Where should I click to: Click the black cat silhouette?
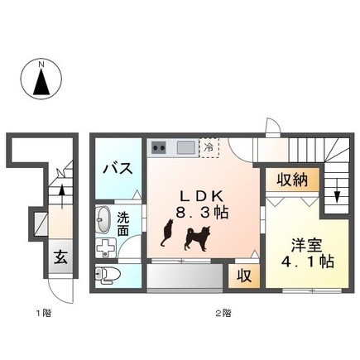pos(167,233)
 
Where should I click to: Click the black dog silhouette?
pos(198,238)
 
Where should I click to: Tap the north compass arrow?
pos(41,82)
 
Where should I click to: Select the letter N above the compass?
pos(41,65)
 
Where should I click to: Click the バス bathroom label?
pos(118,168)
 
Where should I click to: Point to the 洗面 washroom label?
pos(123,224)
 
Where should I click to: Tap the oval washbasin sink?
pos(103,220)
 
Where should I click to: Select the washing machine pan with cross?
pos(106,247)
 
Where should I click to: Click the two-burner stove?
pos(159,147)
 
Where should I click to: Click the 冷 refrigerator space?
pos(209,147)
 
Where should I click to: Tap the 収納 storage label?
pos(292,180)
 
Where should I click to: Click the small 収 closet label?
pos(244,276)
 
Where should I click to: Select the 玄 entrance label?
pos(60,257)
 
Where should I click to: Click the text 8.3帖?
pos(202,213)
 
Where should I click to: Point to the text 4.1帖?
pos(307,262)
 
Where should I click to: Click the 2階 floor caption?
pos(223,313)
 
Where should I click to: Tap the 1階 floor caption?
pos(44,313)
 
